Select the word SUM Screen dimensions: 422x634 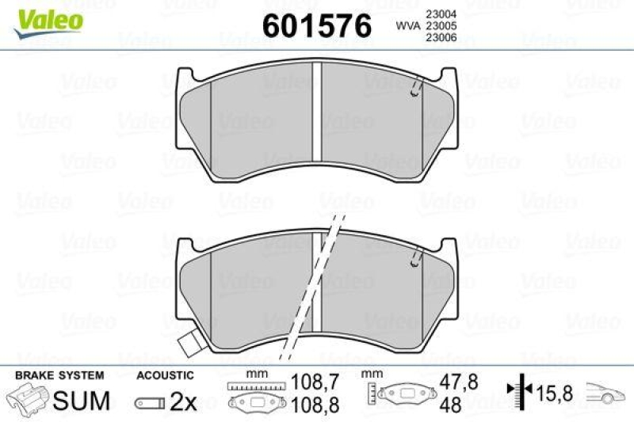(81, 401)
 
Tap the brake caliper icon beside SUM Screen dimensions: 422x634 (29, 400)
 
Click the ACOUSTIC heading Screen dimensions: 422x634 (164, 375)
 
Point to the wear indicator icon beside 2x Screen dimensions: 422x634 (149, 403)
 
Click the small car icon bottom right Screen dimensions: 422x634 (606, 391)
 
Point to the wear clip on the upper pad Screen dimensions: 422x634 (414, 91)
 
